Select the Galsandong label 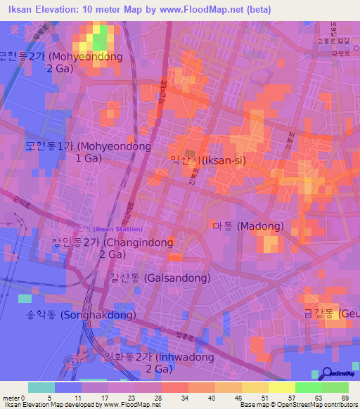[160, 278]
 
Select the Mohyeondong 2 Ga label [61, 62]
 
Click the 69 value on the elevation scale [345, 397]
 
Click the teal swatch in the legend [41, 387]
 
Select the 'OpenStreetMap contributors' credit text [320, 405]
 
